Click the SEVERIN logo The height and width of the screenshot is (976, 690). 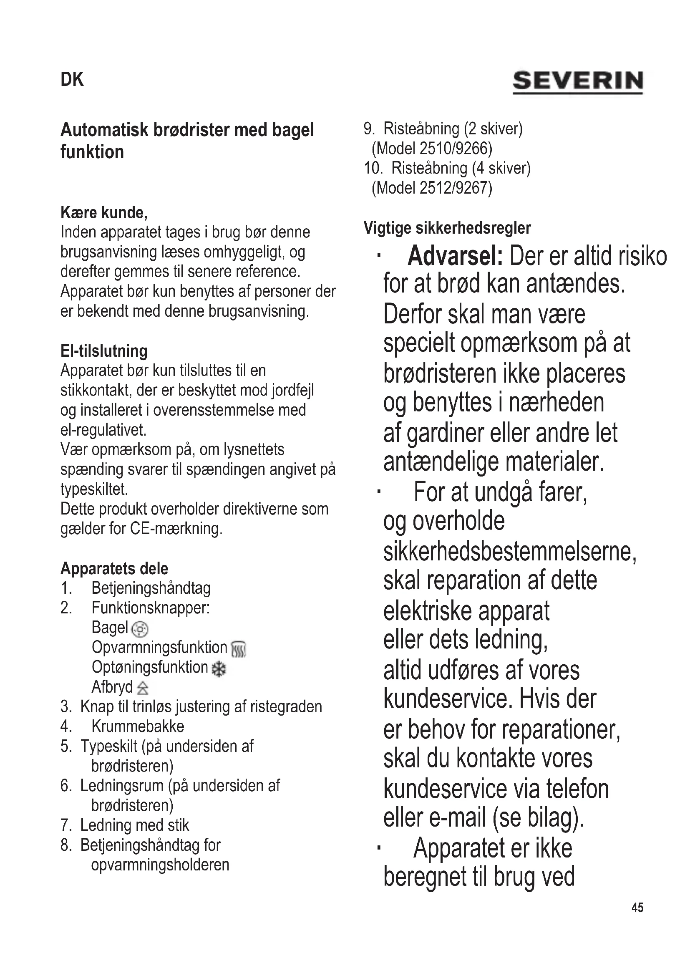[x=577, y=82]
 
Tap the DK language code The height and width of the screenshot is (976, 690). [x=72, y=80]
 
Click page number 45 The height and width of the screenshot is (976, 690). [x=637, y=908]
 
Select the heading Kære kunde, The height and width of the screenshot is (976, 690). [x=104, y=212]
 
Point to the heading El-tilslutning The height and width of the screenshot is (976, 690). [x=104, y=351]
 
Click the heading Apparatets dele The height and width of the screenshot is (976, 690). [x=114, y=568]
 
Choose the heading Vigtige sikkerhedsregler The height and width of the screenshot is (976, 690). [x=447, y=228]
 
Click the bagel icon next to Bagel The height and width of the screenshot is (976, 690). [x=140, y=629]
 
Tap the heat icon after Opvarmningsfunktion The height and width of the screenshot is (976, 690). [x=238, y=649]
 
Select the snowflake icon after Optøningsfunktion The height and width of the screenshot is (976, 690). [x=219, y=669]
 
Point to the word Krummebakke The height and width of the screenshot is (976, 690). [x=138, y=726]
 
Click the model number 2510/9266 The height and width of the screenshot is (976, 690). [x=456, y=149]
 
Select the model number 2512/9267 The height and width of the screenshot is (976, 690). [x=456, y=188]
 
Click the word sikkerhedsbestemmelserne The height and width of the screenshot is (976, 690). [x=509, y=552]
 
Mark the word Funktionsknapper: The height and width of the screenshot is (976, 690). [x=151, y=608]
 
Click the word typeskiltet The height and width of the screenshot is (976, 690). [x=94, y=489]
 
